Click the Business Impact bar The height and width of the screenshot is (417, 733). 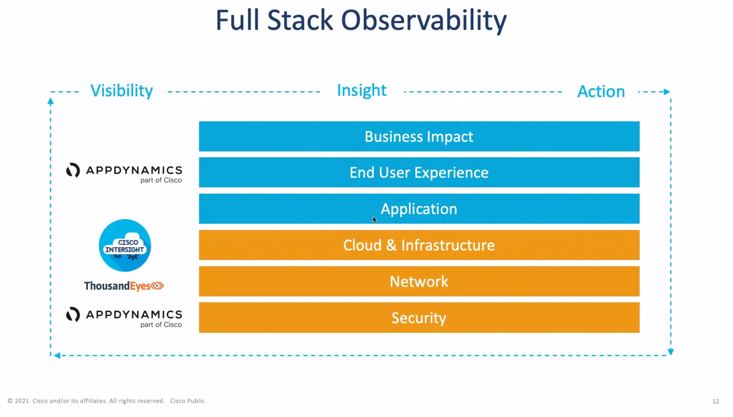pyautogui.click(x=419, y=136)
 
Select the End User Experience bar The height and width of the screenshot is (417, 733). pyautogui.click(x=419, y=173)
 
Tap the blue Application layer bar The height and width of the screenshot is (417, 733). pyautogui.click(x=419, y=209)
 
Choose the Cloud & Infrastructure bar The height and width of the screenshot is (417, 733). pyautogui.click(x=419, y=245)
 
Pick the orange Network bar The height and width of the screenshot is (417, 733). pyautogui.click(x=419, y=281)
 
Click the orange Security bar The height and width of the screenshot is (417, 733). pyautogui.click(x=419, y=318)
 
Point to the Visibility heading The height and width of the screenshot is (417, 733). pyautogui.click(x=122, y=91)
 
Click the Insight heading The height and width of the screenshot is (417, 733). pyautogui.click(x=362, y=91)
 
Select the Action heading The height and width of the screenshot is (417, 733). pyautogui.click(x=601, y=92)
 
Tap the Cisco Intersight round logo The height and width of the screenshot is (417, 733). pyautogui.click(x=125, y=245)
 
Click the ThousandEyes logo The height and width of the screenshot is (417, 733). pyautogui.click(x=124, y=286)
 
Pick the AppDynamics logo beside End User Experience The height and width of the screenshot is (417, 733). pyautogui.click(x=124, y=173)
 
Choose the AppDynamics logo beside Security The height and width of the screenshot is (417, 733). pyautogui.click(x=124, y=318)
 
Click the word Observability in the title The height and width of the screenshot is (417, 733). pyautogui.click(x=424, y=20)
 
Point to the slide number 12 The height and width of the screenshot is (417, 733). pyautogui.click(x=715, y=401)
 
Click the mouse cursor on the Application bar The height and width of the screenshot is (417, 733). pyautogui.click(x=375, y=219)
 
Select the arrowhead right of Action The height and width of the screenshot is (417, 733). pyautogui.click(x=667, y=92)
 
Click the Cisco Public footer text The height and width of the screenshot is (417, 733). pyautogui.click(x=187, y=401)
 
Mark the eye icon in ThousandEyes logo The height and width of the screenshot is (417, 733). pyautogui.click(x=157, y=286)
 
